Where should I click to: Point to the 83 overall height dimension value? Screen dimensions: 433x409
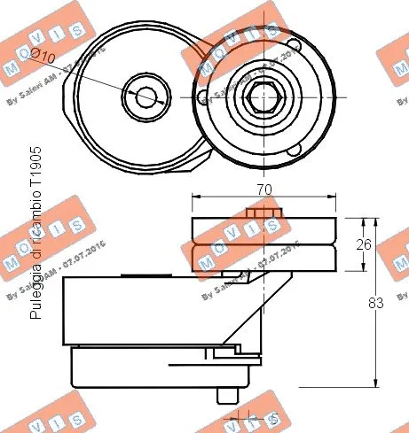click(x=375, y=303)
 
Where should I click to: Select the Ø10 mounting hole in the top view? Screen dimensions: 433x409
click(x=142, y=93)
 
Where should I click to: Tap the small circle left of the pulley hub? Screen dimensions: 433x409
click(x=204, y=96)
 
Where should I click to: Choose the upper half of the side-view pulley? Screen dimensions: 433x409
click(x=263, y=230)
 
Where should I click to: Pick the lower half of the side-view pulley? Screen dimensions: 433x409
click(x=263, y=258)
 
